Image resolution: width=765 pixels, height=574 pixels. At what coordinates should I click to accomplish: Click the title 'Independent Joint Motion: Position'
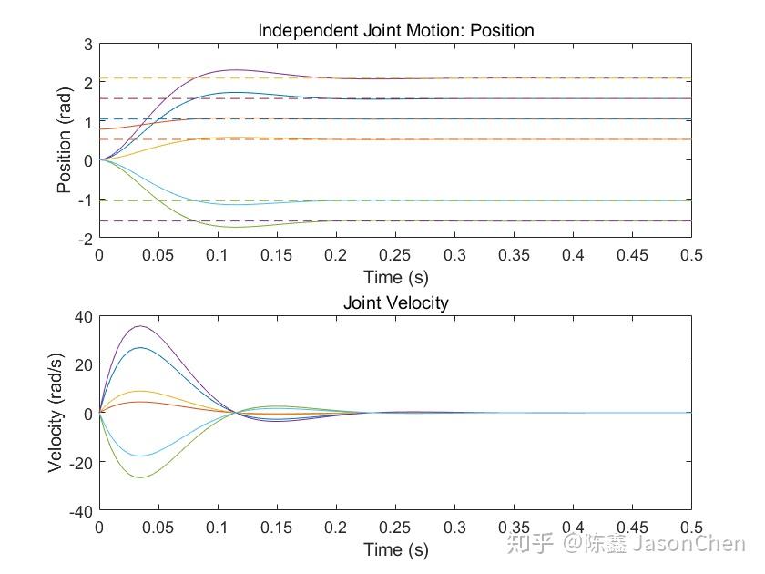[395, 30]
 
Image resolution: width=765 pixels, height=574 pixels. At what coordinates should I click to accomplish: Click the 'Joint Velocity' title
[395, 302]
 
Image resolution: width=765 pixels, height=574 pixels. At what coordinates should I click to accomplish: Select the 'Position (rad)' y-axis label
[65, 140]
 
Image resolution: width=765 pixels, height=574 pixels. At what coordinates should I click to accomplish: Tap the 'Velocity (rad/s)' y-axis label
[56, 413]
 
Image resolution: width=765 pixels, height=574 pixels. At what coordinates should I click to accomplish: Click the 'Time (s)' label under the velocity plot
[395, 549]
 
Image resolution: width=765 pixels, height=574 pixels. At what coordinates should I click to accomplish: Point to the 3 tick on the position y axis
[88, 44]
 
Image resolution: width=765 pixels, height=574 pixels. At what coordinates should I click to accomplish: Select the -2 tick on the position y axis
[85, 239]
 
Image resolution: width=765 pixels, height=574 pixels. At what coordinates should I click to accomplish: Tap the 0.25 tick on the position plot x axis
[395, 256]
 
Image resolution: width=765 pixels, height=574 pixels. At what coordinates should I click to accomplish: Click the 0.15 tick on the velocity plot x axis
[277, 528]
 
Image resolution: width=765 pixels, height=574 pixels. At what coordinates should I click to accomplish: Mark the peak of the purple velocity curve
[138, 326]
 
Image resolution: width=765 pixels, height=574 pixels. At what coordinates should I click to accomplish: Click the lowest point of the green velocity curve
[138, 477]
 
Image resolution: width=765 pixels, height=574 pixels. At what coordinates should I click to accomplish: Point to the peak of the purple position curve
[234, 69]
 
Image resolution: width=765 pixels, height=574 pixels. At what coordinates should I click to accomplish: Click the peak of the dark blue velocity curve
[139, 348]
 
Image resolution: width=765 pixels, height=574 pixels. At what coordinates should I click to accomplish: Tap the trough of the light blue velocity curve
[139, 456]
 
